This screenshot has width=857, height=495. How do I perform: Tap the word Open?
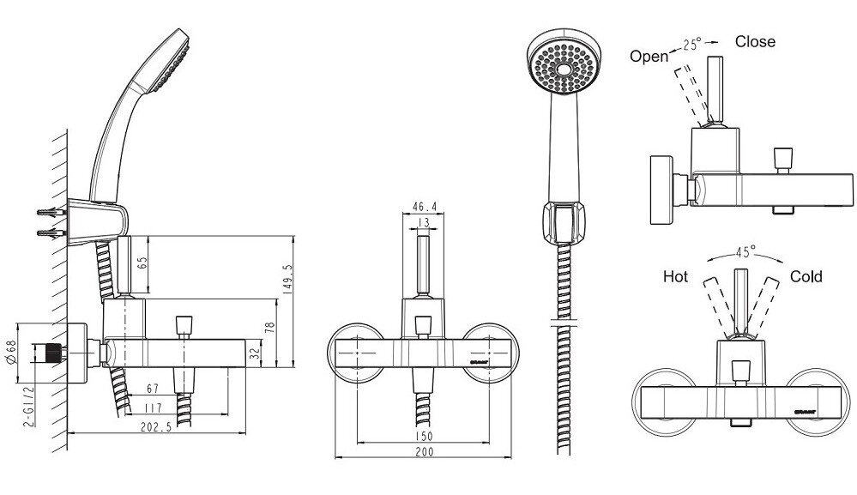[649, 57]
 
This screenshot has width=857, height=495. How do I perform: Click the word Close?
[755, 41]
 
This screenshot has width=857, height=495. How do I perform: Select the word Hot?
[676, 277]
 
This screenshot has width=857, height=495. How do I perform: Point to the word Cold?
[806, 276]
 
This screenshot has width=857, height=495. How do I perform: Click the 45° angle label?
[745, 252]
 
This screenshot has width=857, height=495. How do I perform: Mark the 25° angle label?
[692, 45]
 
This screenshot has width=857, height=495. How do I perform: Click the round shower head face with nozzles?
[561, 68]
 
